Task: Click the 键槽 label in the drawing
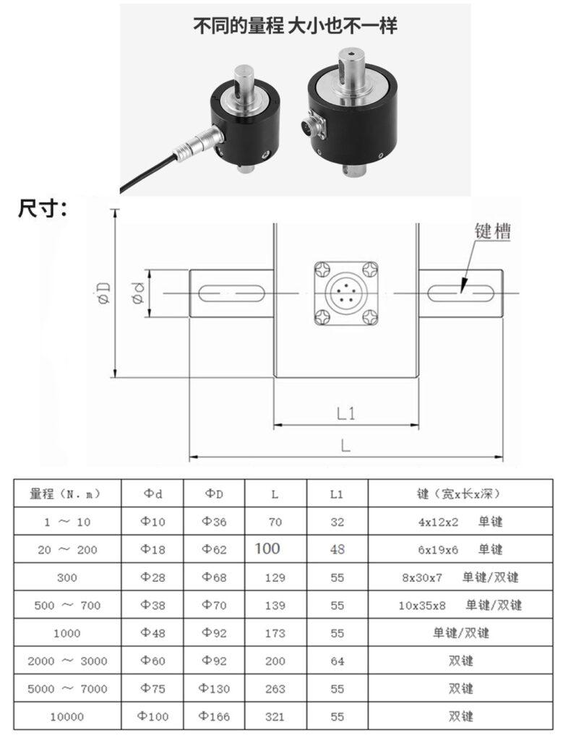(x=492, y=231)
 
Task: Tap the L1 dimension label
(x=345, y=414)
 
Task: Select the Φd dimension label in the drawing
(x=138, y=293)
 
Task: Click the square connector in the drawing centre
(x=346, y=293)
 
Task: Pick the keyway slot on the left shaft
(x=231, y=293)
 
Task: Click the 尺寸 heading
(x=42, y=209)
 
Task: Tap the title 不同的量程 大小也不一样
(x=295, y=25)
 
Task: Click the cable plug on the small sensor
(x=198, y=144)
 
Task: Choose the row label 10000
(x=67, y=717)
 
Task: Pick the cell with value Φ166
(x=214, y=716)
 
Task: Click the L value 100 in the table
(x=267, y=548)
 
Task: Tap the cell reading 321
(x=275, y=717)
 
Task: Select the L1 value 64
(x=337, y=661)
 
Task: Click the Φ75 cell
(x=152, y=689)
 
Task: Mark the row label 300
(x=67, y=577)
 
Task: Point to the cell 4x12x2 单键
(x=460, y=522)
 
